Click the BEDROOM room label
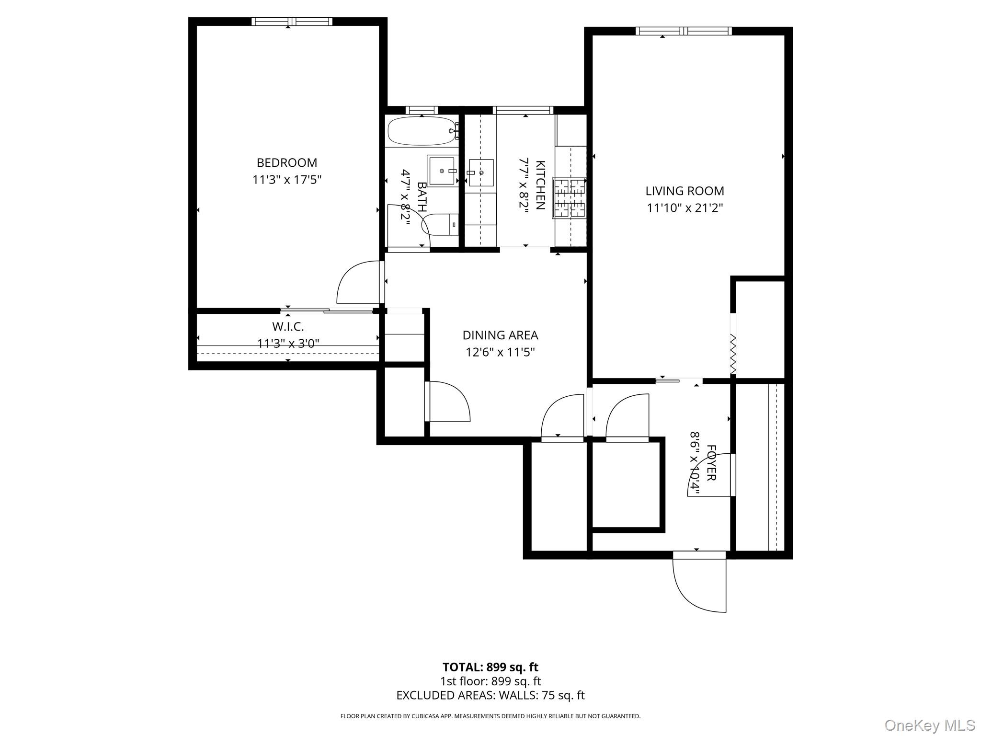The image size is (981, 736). click(x=286, y=162)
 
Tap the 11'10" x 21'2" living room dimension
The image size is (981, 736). click(x=684, y=208)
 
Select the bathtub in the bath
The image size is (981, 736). click(x=421, y=130)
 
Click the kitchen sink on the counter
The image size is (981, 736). click(x=480, y=173)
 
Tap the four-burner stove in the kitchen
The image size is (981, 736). click(x=570, y=198)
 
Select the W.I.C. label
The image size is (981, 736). click(x=288, y=327)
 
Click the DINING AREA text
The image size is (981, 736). click(x=500, y=335)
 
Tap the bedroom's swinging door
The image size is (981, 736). click(x=359, y=283)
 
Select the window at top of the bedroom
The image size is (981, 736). click(x=292, y=21)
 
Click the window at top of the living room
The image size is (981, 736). click(x=684, y=31)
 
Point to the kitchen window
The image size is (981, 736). click(x=523, y=110)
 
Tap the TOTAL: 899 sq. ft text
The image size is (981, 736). click(x=490, y=667)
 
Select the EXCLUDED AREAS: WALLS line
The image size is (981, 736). click(x=490, y=695)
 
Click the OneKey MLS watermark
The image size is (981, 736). click(x=929, y=725)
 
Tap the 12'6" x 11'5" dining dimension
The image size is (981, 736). click(x=500, y=353)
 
